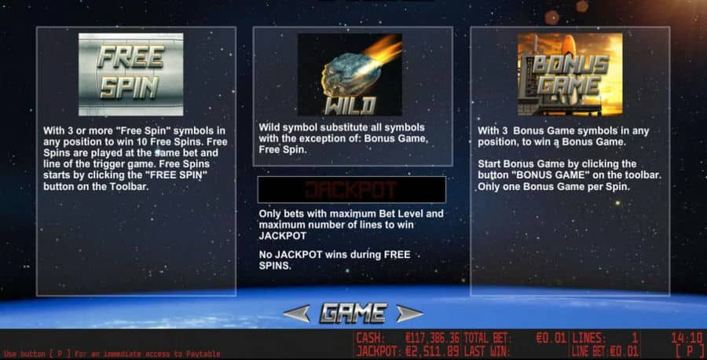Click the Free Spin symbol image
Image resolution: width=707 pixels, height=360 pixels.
[x=130, y=75]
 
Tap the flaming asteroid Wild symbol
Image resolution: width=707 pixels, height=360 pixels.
[x=350, y=75]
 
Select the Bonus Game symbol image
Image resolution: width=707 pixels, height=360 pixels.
[x=570, y=75]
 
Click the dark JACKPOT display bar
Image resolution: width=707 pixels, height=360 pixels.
[x=352, y=189]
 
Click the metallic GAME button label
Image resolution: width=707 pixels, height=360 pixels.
[x=353, y=313]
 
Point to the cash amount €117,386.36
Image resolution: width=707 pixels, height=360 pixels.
[x=432, y=338]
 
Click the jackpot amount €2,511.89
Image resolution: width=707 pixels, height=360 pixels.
[x=432, y=351]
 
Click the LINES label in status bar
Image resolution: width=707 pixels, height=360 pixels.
[x=588, y=338]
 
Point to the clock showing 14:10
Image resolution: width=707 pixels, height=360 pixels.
[x=687, y=338]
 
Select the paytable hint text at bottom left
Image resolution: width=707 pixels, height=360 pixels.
[x=112, y=354]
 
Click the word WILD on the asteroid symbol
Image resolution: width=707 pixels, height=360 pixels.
[x=350, y=105]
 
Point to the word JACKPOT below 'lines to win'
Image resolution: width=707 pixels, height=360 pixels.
[x=283, y=236]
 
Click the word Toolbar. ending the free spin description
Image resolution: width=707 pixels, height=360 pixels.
[x=129, y=186]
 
